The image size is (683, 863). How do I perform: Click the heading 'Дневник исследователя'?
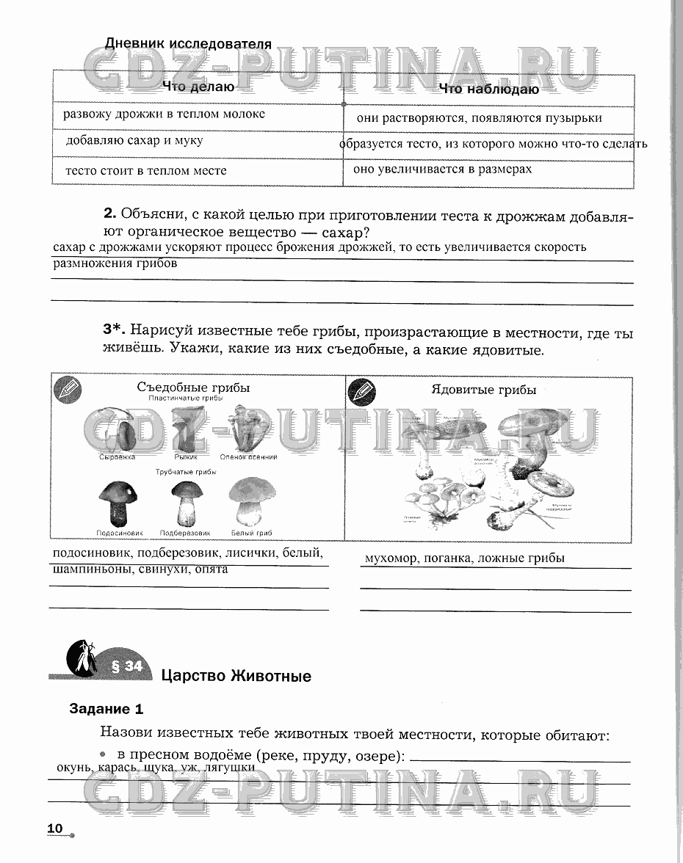(x=188, y=43)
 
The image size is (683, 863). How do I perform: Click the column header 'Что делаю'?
(x=198, y=87)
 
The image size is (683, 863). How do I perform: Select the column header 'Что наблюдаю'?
(x=488, y=89)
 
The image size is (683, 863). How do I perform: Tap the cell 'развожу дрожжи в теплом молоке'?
(x=164, y=114)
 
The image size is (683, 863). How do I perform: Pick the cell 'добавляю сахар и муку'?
(x=134, y=140)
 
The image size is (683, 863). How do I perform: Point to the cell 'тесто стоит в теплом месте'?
(x=145, y=170)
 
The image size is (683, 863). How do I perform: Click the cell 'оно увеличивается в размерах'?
(x=442, y=169)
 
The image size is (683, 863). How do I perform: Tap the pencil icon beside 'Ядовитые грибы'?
(x=361, y=391)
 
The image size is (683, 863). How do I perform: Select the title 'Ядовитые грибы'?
(x=483, y=390)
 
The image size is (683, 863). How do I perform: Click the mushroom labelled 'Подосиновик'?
(x=118, y=502)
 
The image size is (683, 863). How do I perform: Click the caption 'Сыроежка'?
(x=118, y=457)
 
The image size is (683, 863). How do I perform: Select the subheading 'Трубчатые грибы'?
(x=185, y=472)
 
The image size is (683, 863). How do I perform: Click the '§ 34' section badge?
(x=126, y=666)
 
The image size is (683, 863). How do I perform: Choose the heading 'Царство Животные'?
(x=236, y=676)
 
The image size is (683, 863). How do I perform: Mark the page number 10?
(x=55, y=828)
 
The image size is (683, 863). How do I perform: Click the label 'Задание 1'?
(x=106, y=709)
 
